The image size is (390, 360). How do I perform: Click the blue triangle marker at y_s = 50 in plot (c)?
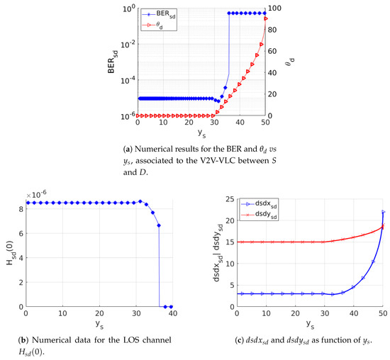[383, 212]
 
